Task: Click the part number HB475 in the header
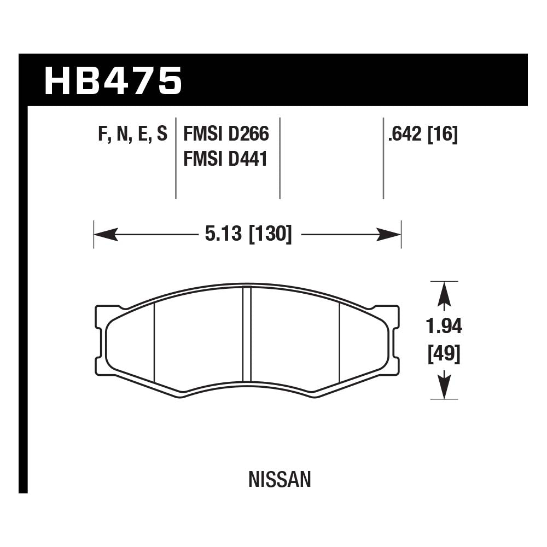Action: (113, 80)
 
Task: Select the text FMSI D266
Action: (226, 134)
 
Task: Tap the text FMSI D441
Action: (225, 159)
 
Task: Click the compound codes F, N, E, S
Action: (132, 134)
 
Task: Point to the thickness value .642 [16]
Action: (422, 134)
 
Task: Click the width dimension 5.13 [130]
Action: (248, 235)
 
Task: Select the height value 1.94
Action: (444, 326)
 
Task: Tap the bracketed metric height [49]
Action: (444, 354)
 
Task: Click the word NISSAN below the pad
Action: (280, 480)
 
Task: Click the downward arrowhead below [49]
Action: (444, 387)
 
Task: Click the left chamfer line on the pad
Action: (155, 342)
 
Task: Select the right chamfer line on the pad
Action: (340, 342)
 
